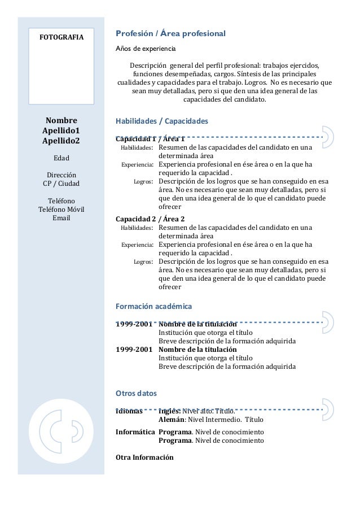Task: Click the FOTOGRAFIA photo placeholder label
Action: click(60, 38)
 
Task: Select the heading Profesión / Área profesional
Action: click(170, 33)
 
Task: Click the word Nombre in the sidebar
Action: click(62, 120)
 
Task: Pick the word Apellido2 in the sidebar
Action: click(62, 141)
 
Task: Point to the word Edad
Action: click(62, 158)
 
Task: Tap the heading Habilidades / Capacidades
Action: click(161, 121)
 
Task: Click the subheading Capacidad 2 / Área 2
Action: click(150, 219)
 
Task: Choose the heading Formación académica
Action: click(153, 306)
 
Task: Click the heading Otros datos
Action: click(136, 393)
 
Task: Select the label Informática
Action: click(135, 432)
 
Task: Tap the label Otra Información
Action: click(144, 457)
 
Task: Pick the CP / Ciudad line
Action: click(62, 184)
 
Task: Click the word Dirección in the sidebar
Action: click(62, 175)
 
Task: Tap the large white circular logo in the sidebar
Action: click(62, 434)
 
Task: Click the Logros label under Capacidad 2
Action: click(143, 262)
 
